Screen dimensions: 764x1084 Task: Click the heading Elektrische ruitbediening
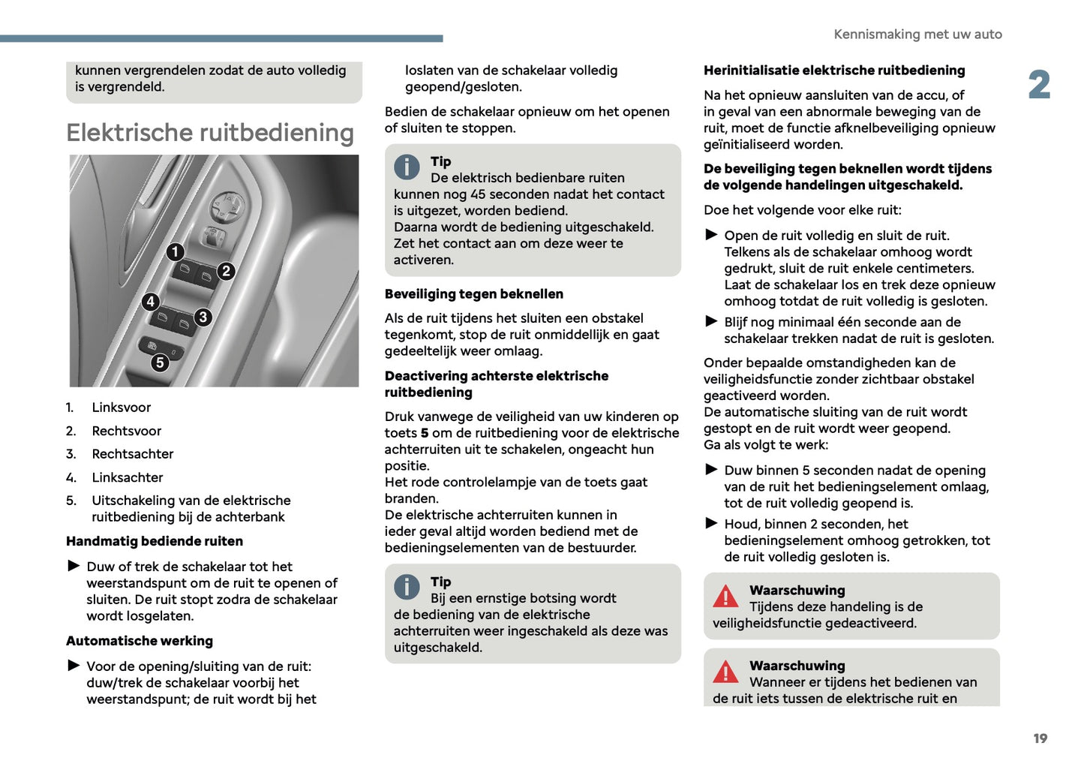coord(210,133)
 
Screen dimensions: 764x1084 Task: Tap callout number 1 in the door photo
coord(175,251)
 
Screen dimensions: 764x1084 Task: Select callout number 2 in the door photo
coord(226,271)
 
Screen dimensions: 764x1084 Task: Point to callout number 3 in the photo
coord(203,317)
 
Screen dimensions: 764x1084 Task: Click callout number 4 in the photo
coord(151,302)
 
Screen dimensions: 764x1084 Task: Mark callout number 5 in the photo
coord(160,363)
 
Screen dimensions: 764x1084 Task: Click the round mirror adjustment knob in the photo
coord(226,203)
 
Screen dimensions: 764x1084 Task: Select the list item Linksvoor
coord(121,408)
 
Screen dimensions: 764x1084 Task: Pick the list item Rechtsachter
coord(132,454)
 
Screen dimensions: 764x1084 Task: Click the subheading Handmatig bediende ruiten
coord(155,541)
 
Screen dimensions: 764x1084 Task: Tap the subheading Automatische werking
coord(140,641)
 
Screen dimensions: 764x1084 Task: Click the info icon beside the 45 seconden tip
coord(407,167)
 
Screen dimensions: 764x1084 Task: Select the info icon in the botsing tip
coord(407,587)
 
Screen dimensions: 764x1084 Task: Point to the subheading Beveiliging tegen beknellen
coord(473,294)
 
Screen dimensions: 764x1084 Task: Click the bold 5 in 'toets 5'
coord(425,433)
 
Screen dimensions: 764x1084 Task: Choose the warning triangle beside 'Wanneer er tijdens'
coord(725,672)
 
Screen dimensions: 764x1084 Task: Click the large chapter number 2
coord(1039,85)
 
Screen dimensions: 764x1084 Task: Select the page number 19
coord(1040,738)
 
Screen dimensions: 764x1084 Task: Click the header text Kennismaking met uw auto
coord(917,35)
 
